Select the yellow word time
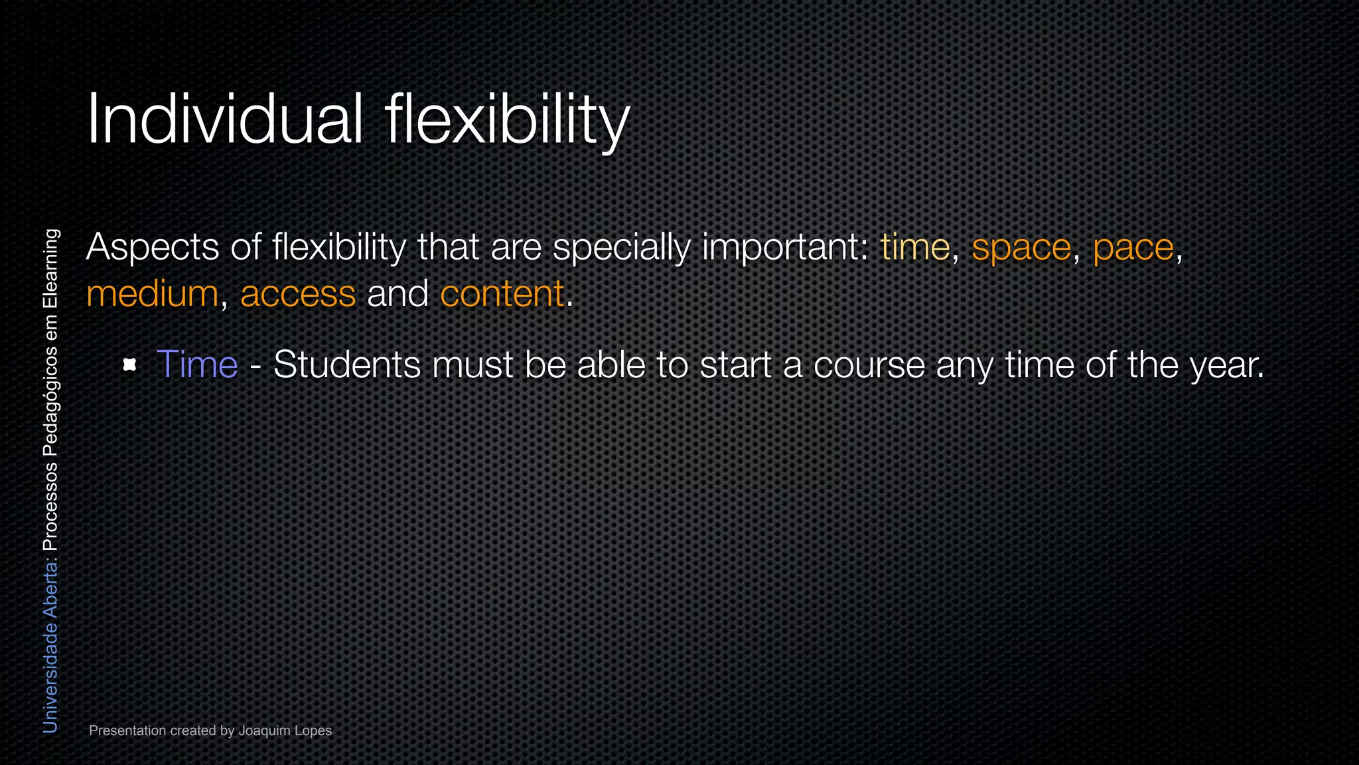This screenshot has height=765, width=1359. pos(915,248)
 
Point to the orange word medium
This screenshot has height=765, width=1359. pos(152,294)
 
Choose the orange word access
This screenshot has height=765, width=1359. pos(298,295)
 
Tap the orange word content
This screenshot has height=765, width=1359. pos(502,294)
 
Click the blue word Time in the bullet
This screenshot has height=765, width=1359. pos(197,365)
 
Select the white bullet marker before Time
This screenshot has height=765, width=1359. pos(130,365)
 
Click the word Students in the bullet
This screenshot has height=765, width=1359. pos(347,365)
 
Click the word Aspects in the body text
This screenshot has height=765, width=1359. pos(153,248)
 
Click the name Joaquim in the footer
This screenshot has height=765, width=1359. pos(265,731)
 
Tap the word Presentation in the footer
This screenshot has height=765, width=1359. pos(127,731)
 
